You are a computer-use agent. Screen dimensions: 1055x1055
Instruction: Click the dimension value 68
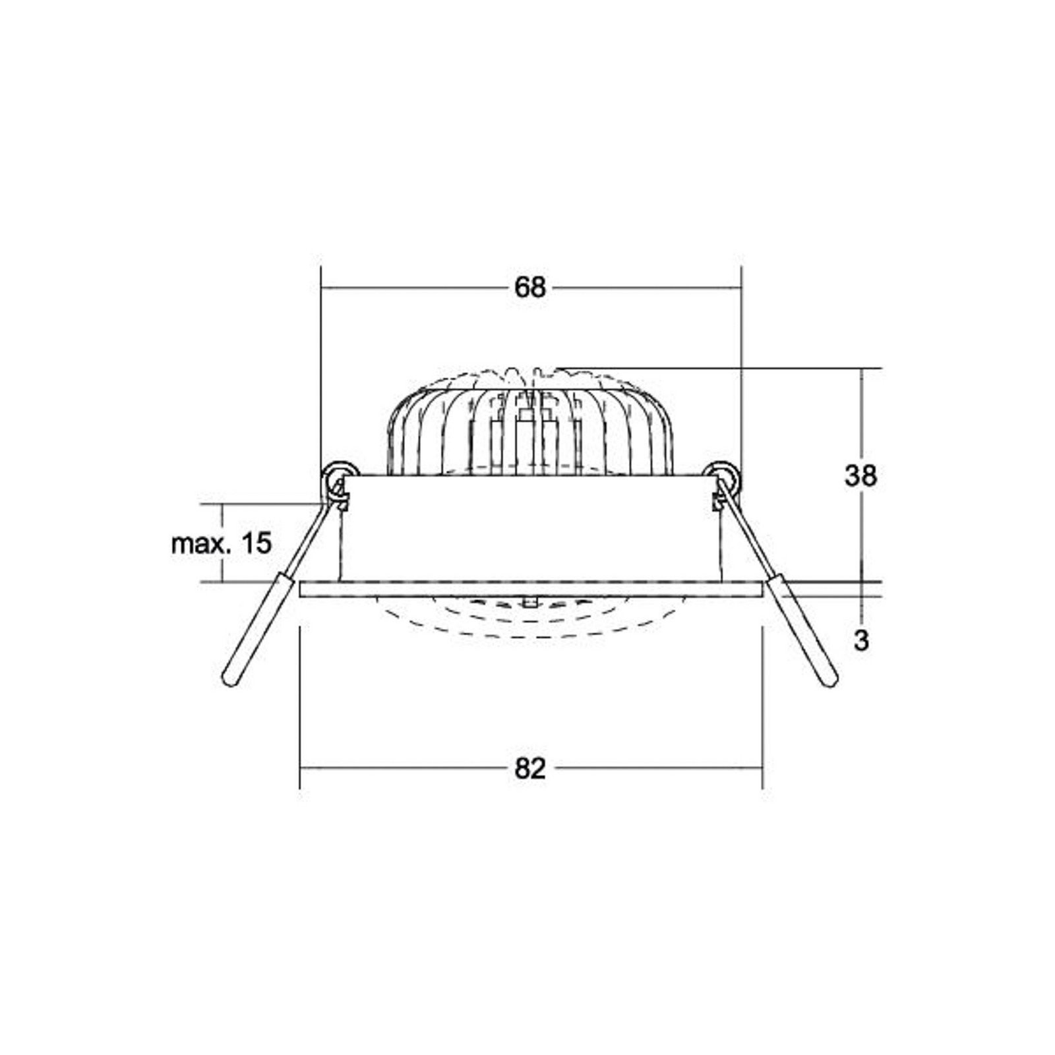click(x=530, y=287)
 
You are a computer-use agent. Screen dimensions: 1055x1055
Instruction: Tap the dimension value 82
click(x=530, y=768)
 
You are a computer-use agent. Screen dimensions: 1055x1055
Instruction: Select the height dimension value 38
click(x=860, y=475)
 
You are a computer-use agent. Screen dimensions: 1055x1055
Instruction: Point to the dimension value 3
click(x=861, y=641)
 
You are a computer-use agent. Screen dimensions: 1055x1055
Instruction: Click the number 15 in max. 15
click(x=256, y=544)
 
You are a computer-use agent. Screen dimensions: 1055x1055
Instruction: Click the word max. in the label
click(x=202, y=545)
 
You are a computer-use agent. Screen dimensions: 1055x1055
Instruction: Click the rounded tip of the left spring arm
click(x=230, y=680)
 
